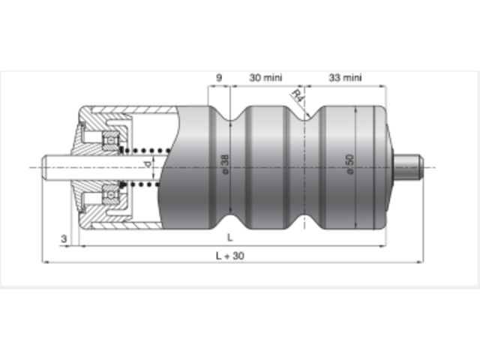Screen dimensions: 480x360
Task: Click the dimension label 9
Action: coord(219,77)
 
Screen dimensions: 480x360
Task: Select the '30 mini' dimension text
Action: coord(265,77)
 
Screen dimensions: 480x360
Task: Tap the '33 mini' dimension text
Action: coord(345,77)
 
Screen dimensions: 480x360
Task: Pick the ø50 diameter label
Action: coord(350,164)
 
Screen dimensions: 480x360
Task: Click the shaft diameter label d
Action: coord(148,164)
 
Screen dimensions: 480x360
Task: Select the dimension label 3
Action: coord(64,238)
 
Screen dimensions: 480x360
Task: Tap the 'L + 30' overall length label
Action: coord(230,256)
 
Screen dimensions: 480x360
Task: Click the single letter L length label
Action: coord(230,237)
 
